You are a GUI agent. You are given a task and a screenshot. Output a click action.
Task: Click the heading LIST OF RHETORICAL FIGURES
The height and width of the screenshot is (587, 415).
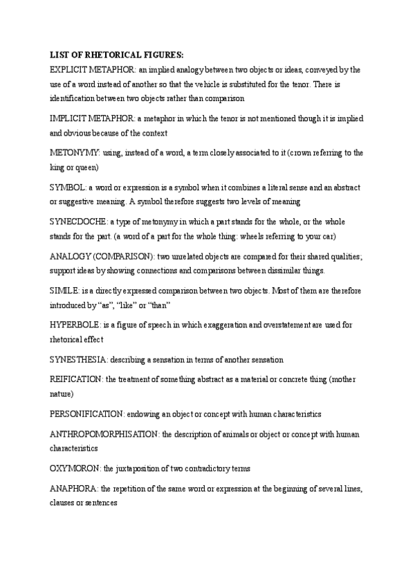point(118,55)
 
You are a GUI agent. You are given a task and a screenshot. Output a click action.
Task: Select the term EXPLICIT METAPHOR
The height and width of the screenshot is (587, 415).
point(93,70)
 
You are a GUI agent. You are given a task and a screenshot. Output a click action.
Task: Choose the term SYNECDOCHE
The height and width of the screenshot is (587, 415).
point(78,222)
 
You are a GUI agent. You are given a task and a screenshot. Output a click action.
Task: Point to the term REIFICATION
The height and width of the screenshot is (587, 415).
point(76,379)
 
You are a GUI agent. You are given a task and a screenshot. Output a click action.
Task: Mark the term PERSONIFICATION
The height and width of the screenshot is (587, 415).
point(87,413)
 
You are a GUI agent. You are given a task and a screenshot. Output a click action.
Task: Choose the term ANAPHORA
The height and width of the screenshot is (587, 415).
point(74,489)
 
